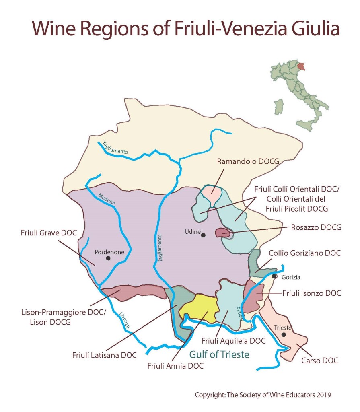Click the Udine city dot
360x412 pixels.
point(204,235)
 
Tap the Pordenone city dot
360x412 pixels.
point(108,258)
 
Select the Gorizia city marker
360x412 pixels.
point(274,276)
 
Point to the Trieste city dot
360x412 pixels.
point(284,334)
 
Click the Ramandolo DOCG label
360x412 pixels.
point(248,162)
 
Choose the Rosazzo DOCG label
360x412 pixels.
point(316,227)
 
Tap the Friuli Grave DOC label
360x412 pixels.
point(49,233)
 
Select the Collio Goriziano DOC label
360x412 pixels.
point(304,253)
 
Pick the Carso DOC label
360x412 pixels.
point(320,360)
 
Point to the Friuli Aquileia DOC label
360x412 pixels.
point(234,341)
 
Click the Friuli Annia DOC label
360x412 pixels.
point(175,366)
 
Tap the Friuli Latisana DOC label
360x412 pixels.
point(105,355)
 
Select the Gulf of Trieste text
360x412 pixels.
point(219,354)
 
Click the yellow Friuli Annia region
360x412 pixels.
point(198,306)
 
